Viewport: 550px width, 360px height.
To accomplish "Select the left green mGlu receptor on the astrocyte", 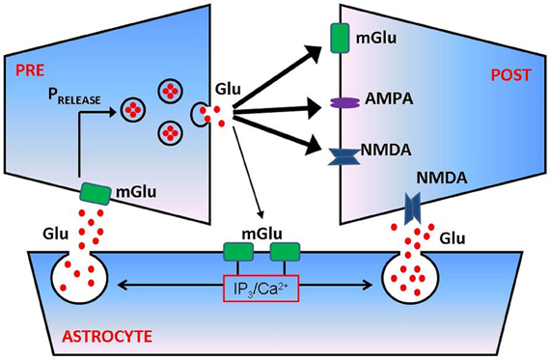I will tap(237, 253).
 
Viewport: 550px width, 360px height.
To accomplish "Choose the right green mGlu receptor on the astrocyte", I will tap(285, 253).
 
